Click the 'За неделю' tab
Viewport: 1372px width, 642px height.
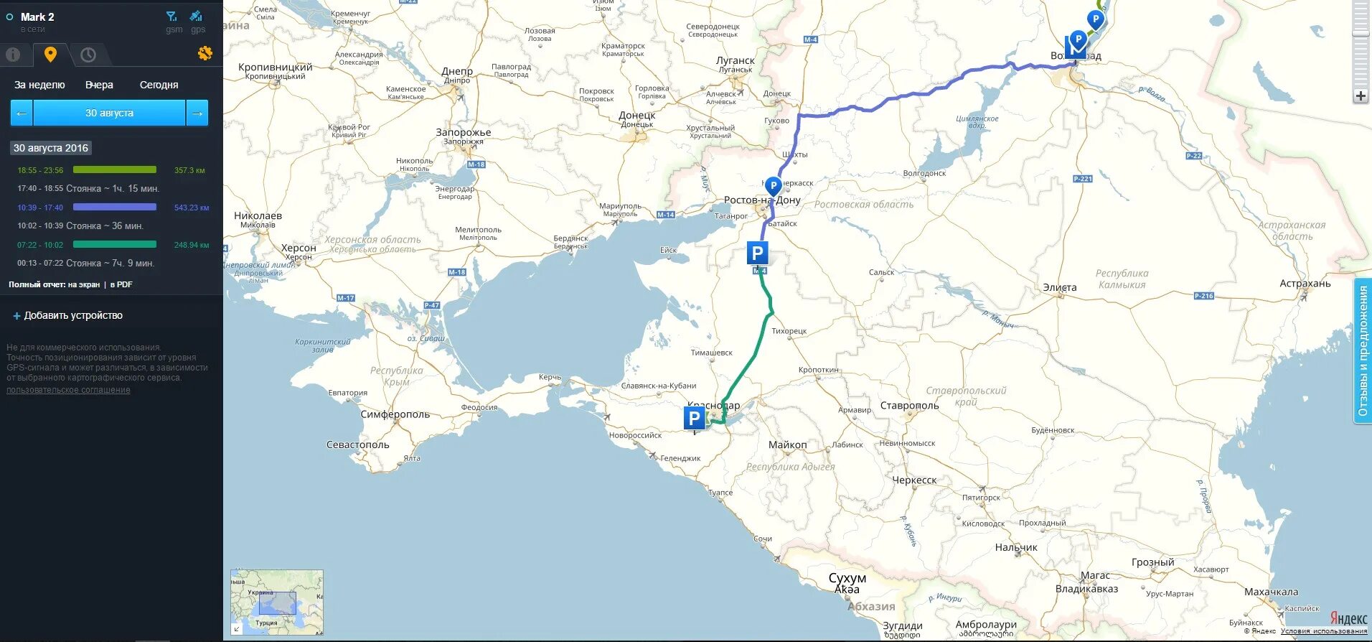click(39, 85)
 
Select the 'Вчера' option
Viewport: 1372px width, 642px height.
click(99, 85)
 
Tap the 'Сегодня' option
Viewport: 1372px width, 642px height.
click(159, 85)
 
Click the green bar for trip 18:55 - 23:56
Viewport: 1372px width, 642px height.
click(115, 170)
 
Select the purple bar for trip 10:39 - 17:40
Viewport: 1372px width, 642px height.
click(115, 208)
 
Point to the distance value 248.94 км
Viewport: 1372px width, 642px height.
click(192, 245)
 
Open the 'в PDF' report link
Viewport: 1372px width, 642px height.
click(121, 284)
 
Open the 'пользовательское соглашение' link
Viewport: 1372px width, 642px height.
click(68, 390)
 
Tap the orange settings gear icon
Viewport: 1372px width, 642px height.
click(205, 53)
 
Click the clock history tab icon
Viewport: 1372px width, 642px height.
click(88, 55)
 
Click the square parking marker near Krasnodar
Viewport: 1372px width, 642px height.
click(694, 418)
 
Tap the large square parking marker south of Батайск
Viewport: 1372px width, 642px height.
click(757, 253)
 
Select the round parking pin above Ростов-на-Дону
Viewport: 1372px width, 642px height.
click(773, 186)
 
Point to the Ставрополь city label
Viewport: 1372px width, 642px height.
click(909, 406)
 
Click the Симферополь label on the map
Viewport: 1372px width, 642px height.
click(395, 414)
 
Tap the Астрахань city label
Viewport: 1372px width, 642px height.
click(1305, 284)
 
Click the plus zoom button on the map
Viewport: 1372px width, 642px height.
click(1361, 96)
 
